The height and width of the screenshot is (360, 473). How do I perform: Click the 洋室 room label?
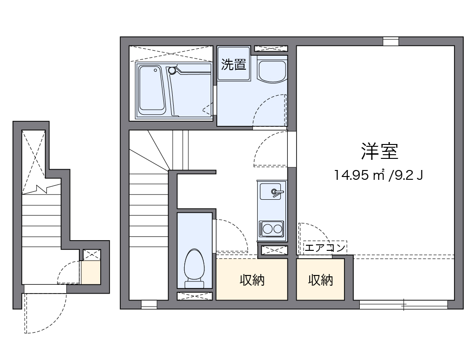click(x=380, y=151)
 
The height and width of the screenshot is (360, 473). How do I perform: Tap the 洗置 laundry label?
click(x=233, y=64)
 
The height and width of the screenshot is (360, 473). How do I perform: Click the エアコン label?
click(x=325, y=248)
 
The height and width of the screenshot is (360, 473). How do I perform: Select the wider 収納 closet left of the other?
click(x=252, y=280)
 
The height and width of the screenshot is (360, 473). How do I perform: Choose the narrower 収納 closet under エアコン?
click(x=321, y=280)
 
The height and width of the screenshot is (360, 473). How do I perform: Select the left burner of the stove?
click(x=267, y=229)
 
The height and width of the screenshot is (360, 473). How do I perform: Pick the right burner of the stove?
click(x=278, y=229)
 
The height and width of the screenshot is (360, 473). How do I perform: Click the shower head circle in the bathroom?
click(x=172, y=71)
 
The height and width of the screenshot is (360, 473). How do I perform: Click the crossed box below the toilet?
click(x=194, y=296)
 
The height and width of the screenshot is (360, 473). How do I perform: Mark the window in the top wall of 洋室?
click(x=391, y=41)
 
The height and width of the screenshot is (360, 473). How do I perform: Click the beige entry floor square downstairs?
click(x=91, y=273)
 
